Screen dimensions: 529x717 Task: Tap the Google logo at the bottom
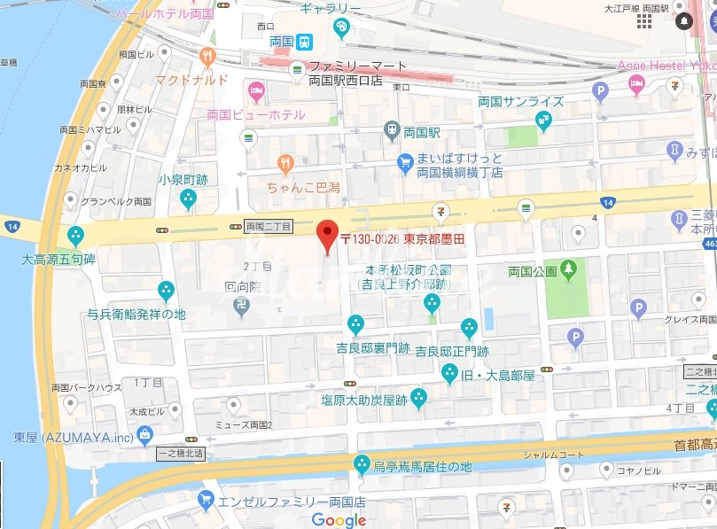tap(339, 519)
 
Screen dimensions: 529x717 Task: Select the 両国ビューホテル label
tap(255, 115)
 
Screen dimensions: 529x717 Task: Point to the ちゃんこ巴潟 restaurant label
tap(303, 187)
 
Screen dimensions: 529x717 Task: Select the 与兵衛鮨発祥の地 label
tap(136, 314)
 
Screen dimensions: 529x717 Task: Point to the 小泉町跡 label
tap(183, 179)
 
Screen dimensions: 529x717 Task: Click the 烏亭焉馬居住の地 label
tap(422, 467)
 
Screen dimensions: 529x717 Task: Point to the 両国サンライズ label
tap(520, 101)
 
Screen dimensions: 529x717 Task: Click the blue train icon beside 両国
tap(304, 41)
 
